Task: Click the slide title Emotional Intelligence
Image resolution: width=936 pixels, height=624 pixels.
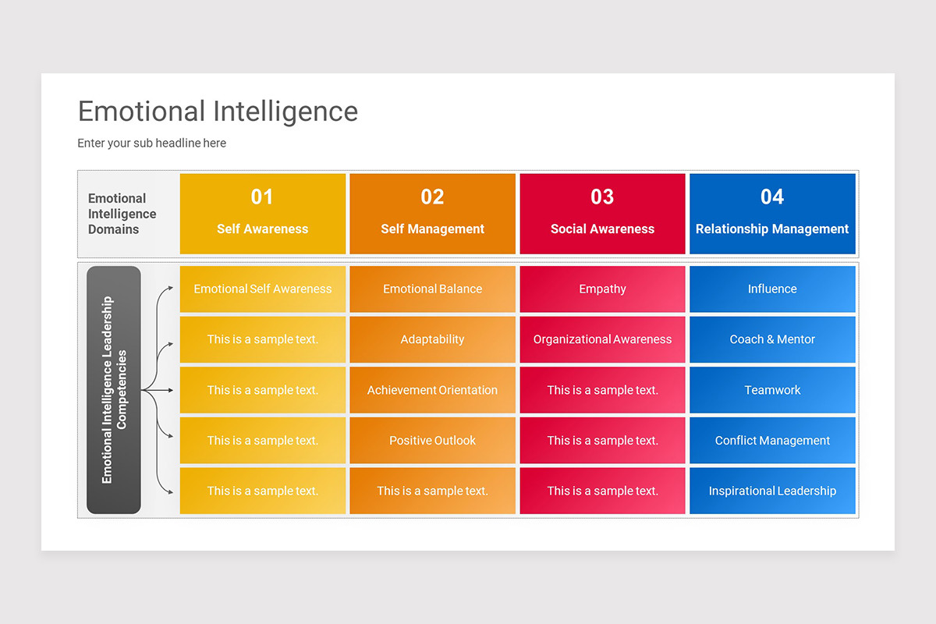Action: point(218,112)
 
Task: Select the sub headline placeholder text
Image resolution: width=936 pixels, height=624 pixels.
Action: point(151,143)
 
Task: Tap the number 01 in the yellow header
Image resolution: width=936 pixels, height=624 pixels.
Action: point(262,197)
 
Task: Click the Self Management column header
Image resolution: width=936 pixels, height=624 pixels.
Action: point(432,229)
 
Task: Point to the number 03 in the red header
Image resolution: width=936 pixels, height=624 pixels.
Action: point(602,197)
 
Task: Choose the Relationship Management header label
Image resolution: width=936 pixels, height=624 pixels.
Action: point(772,229)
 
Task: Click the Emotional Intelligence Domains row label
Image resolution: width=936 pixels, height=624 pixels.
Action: point(122,214)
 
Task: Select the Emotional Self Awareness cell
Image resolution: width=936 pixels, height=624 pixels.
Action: point(263,289)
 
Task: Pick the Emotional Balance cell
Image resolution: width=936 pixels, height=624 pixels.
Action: point(432,289)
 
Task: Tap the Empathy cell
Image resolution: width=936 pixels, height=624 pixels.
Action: point(602,289)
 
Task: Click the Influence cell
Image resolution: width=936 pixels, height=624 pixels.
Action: point(772,289)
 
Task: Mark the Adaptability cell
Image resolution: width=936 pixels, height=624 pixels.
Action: point(432,339)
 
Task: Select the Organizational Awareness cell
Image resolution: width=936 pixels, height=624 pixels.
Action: point(602,339)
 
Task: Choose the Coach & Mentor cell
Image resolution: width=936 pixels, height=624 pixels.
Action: point(772,339)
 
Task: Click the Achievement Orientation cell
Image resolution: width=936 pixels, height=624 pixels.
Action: point(432,390)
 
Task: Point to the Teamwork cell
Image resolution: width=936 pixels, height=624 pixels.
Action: point(772,390)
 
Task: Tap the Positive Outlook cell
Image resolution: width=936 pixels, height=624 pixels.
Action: point(432,441)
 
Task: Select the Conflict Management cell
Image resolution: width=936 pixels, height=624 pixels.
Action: point(772,441)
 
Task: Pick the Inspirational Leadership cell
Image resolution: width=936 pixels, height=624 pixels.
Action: point(772,491)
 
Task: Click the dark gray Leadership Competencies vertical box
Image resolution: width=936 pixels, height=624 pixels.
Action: point(114,390)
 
